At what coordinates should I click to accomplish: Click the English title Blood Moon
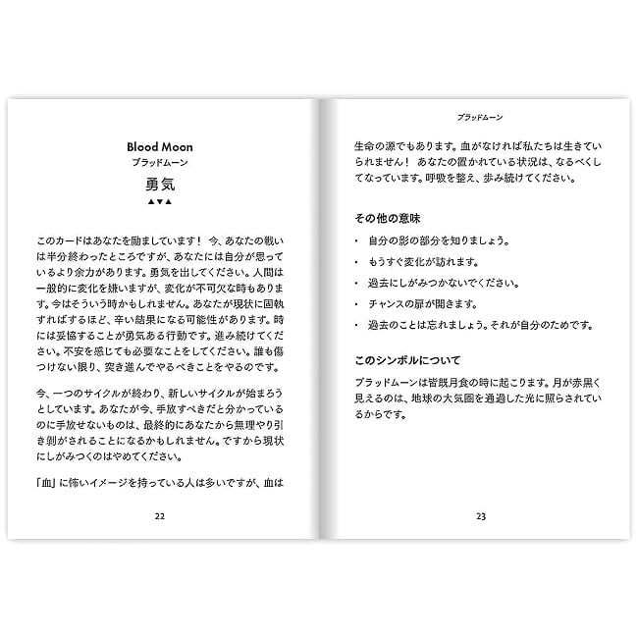click(159, 146)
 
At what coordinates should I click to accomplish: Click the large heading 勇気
click(159, 184)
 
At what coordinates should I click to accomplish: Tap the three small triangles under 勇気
click(159, 203)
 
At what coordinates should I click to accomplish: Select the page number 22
click(159, 515)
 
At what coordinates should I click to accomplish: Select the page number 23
click(481, 515)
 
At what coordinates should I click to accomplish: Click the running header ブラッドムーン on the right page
click(481, 115)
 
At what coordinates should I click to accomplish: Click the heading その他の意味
click(388, 216)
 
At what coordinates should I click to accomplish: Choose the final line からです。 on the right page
click(380, 414)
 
